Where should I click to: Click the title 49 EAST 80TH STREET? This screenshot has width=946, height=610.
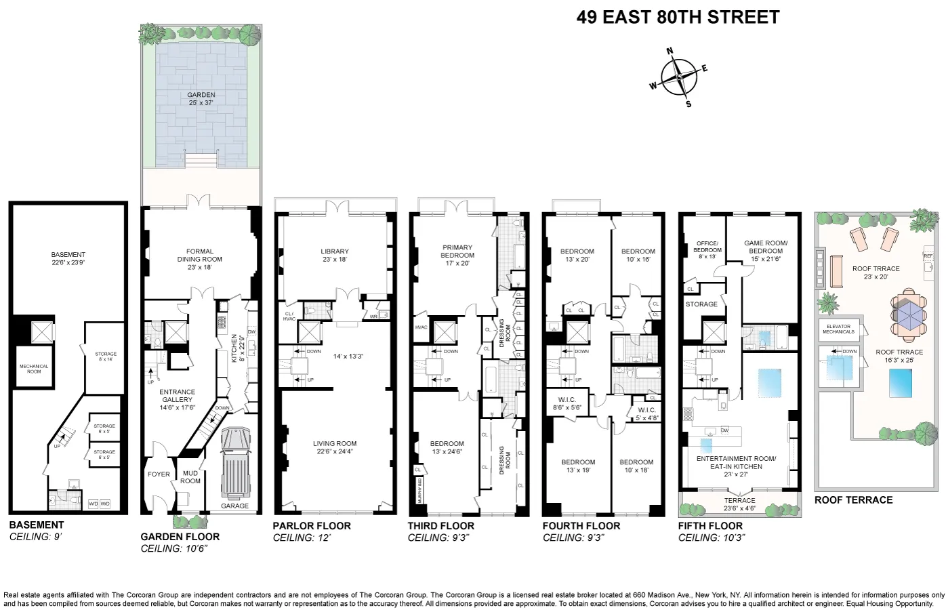click(678, 18)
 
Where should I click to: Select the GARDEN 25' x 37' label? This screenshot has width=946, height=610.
click(201, 99)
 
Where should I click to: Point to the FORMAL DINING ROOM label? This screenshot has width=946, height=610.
click(200, 259)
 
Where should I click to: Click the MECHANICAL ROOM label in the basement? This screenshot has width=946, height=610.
click(34, 369)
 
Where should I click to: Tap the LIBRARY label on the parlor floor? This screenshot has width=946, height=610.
click(335, 255)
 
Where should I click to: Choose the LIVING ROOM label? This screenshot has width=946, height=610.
click(335, 447)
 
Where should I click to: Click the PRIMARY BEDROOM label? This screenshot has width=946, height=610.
click(457, 255)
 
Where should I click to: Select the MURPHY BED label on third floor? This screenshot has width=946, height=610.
click(419, 491)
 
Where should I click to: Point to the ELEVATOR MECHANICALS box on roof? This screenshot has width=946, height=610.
click(838, 329)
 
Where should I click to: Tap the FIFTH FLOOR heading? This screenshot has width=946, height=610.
click(710, 526)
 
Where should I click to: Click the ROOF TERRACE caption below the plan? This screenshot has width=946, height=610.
click(853, 500)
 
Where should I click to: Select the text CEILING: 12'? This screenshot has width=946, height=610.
click(302, 538)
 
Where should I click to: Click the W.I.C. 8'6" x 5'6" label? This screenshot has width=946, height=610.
click(567, 404)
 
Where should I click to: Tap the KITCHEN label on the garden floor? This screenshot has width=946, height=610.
click(235, 348)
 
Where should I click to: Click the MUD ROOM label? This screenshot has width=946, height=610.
click(190, 477)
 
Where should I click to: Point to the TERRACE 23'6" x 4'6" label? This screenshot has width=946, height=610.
click(739, 504)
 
